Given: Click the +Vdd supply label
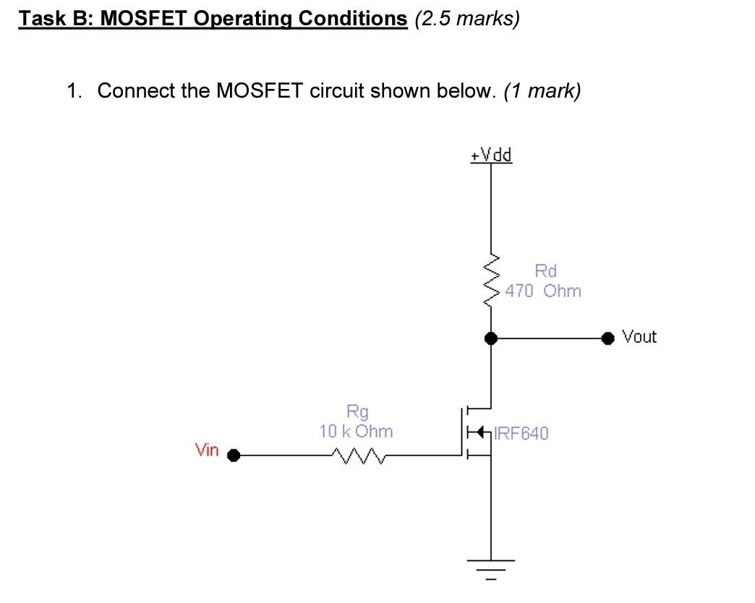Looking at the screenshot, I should click(491, 155).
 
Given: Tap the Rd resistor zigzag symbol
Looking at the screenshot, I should click(492, 281).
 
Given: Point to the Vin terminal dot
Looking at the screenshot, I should click(234, 456).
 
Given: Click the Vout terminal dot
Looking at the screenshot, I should click(610, 337).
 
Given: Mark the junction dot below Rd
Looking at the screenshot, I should click(492, 337).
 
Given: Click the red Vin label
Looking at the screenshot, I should click(206, 450).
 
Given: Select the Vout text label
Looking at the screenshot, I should click(639, 337).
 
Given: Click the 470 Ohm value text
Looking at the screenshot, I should click(543, 291).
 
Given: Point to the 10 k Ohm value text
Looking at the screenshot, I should click(357, 432).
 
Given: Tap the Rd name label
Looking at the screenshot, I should click(546, 271).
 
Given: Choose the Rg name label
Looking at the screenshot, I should click(357, 412).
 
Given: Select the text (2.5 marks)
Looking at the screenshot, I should click(467, 18).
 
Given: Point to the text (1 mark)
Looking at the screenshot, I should click(542, 91).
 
